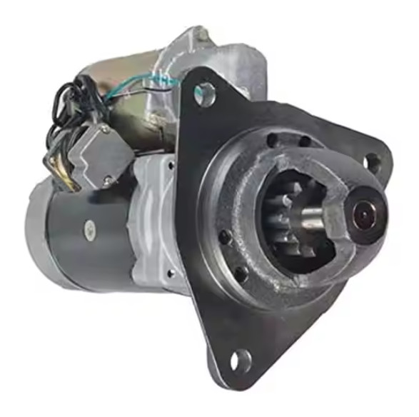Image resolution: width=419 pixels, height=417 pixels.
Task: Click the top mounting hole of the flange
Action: point(206,92)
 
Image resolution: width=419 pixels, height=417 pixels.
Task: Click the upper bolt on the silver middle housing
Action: point(170,166)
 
